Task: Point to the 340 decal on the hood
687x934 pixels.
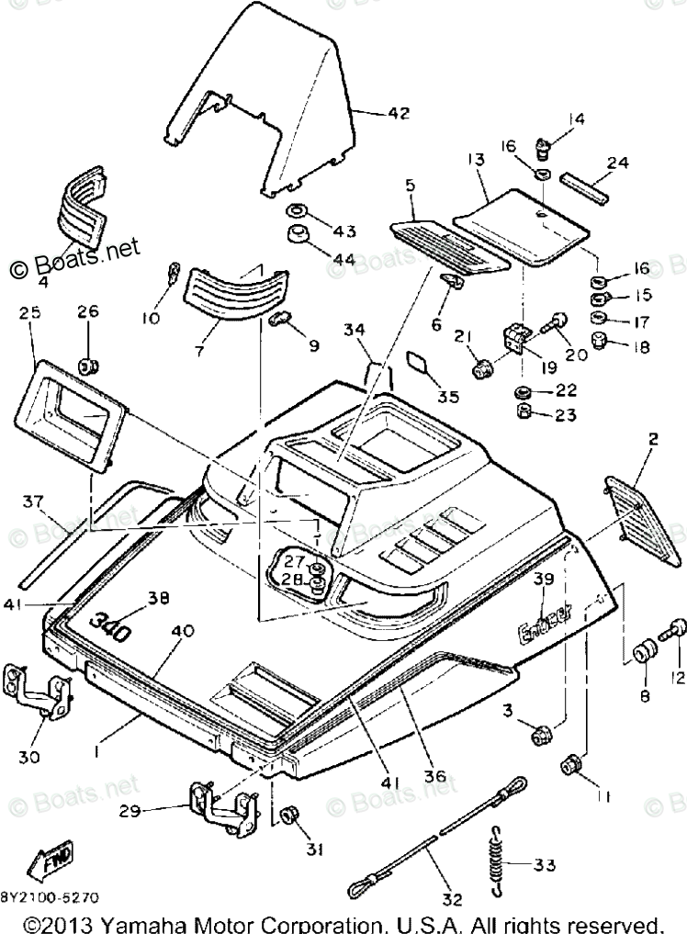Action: click(x=109, y=628)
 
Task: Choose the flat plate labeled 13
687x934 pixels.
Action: click(x=524, y=221)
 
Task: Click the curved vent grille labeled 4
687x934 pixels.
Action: click(x=83, y=203)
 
